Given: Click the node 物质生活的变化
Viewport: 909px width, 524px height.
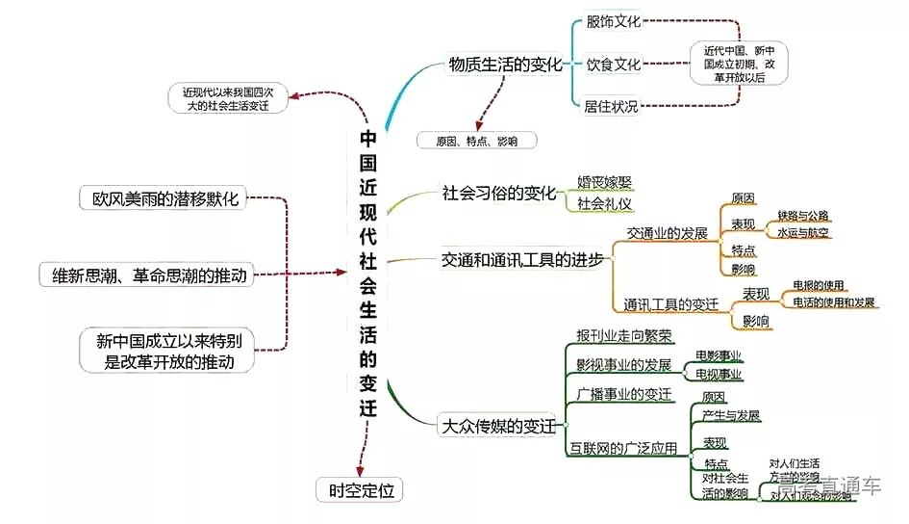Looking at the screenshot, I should [505, 65].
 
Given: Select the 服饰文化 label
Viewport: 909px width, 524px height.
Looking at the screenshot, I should [613, 20].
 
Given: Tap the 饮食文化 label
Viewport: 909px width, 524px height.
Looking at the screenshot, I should [613, 65].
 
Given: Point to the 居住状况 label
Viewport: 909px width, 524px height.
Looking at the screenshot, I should [611, 107].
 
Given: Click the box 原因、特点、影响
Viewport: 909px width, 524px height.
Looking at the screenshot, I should [476, 141].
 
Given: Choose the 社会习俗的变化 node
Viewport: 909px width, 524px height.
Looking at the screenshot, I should [499, 193].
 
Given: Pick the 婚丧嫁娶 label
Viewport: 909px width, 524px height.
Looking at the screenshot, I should [604, 181].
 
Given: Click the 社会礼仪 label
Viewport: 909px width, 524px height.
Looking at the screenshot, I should [604, 203].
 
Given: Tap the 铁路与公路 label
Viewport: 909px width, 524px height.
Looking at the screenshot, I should [803, 215].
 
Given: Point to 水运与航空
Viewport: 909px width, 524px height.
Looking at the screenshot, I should [803, 232].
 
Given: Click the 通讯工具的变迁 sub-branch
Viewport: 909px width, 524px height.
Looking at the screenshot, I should [670, 305].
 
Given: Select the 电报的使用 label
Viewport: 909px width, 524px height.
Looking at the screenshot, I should [818, 285].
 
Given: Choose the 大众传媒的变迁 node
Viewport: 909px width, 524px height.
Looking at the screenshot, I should [497, 425].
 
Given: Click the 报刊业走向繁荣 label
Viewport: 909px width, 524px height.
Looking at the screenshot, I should [623, 335].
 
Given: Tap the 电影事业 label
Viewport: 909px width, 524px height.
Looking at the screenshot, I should [719, 355].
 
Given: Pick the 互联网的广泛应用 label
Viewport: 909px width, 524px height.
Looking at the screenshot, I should [622, 448].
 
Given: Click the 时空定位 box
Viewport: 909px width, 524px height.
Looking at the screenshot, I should [360, 490].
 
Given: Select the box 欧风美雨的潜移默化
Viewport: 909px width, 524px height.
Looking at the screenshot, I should [159, 198].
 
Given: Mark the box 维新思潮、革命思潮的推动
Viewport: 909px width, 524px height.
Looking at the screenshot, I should [149, 275].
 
